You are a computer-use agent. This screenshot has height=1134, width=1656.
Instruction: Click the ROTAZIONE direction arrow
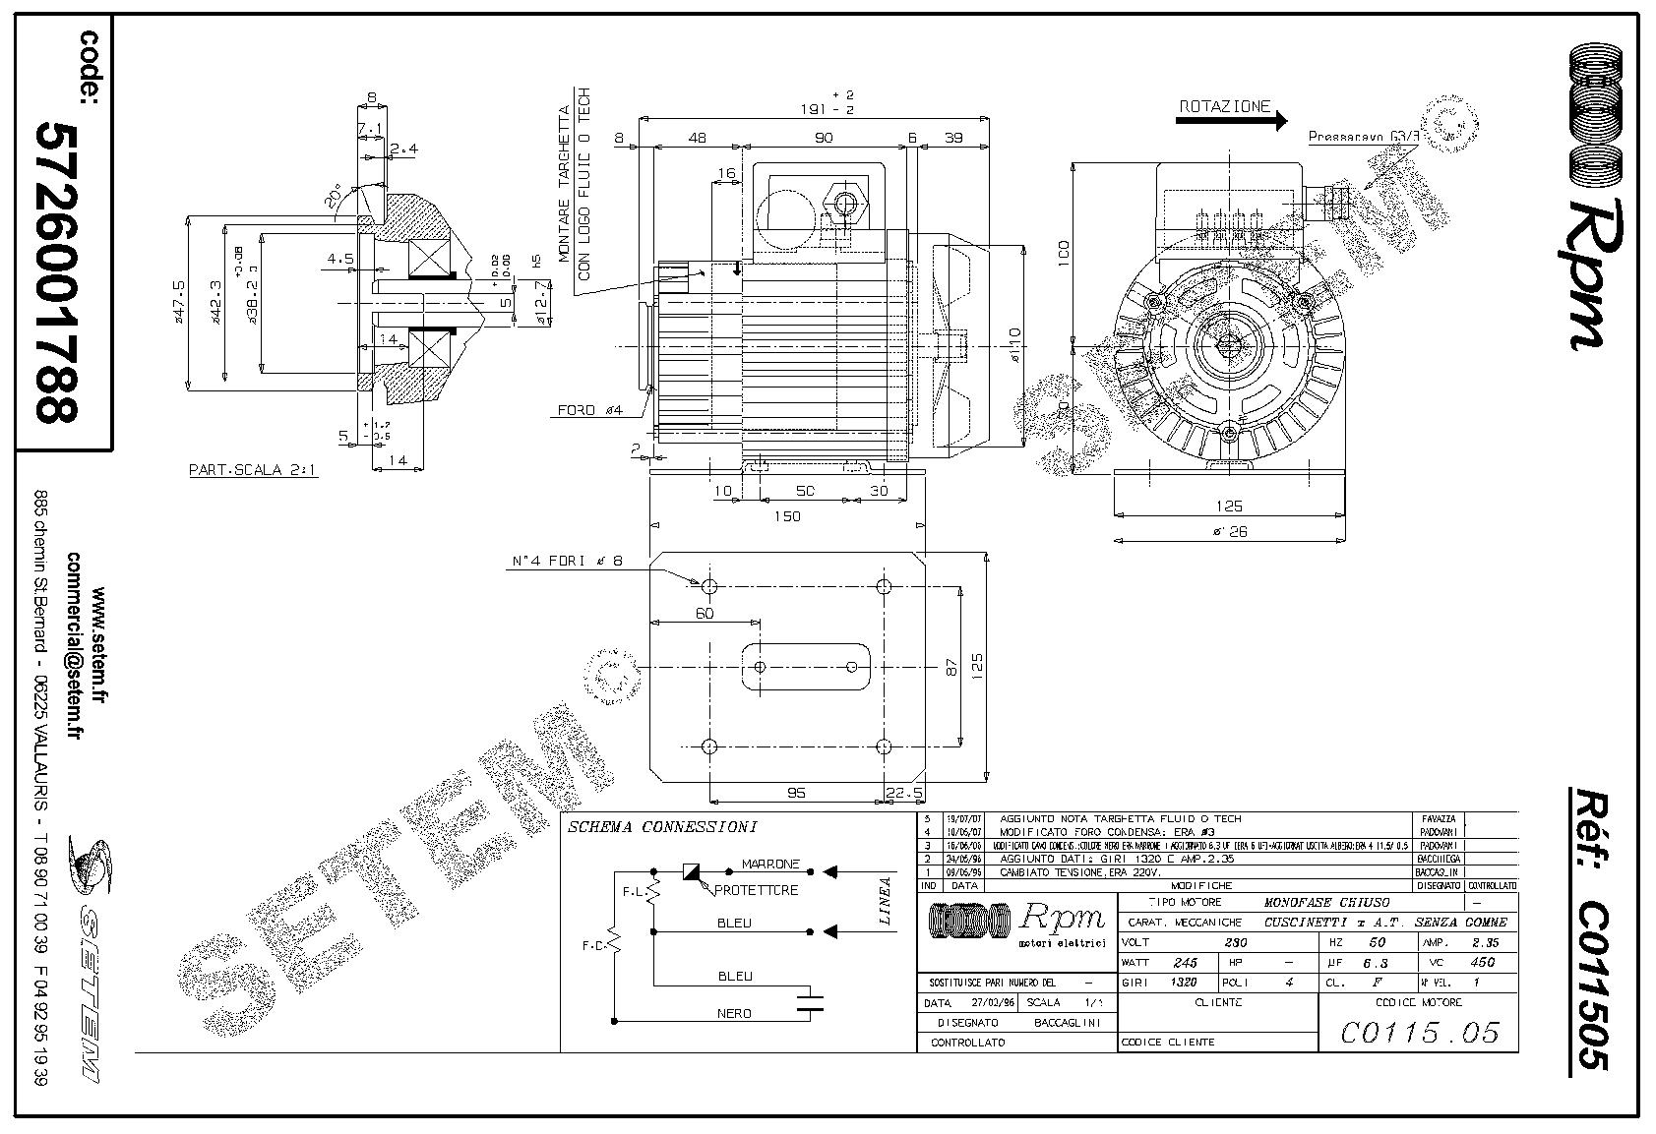click(x=1230, y=121)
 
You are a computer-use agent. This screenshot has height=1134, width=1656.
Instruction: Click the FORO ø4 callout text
click(x=591, y=410)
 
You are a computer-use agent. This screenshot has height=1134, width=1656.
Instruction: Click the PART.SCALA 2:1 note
click(x=253, y=470)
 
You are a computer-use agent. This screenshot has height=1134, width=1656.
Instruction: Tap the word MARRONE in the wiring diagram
click(x=770, y=865)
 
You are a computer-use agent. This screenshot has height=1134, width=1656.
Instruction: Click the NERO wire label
click(x=734, y=1013)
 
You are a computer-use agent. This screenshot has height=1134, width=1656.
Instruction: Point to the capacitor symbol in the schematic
click(x=810, y=1002)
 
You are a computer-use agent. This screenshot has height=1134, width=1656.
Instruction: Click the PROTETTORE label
click(x=756, y=890)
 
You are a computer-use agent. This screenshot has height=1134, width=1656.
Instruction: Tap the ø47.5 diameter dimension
click(x=180, y=303)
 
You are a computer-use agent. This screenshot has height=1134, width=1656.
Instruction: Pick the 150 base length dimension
click(x=787, y=516)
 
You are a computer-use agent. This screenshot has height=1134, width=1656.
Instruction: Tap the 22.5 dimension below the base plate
click(x=904, y=792)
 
